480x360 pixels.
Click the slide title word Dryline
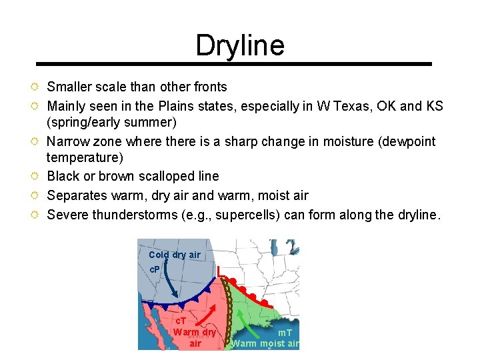[240, 45]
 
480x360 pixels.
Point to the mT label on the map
[285, 333]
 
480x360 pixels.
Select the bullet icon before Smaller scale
[37, 87]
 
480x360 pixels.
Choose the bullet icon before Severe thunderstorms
[37, 215]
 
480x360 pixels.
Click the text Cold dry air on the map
[174, 255]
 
